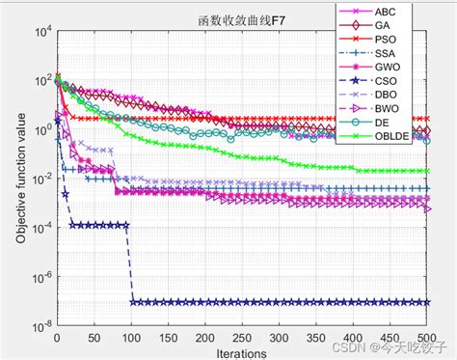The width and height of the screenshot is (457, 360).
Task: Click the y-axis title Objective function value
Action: click(19, 179)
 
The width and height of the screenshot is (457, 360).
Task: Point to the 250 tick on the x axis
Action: click(242, 338)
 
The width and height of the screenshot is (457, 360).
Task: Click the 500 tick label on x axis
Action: click(428, 338)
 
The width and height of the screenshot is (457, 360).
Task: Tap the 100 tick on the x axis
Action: click(131, 338)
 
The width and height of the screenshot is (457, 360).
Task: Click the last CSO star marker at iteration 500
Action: click(427, 302)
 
